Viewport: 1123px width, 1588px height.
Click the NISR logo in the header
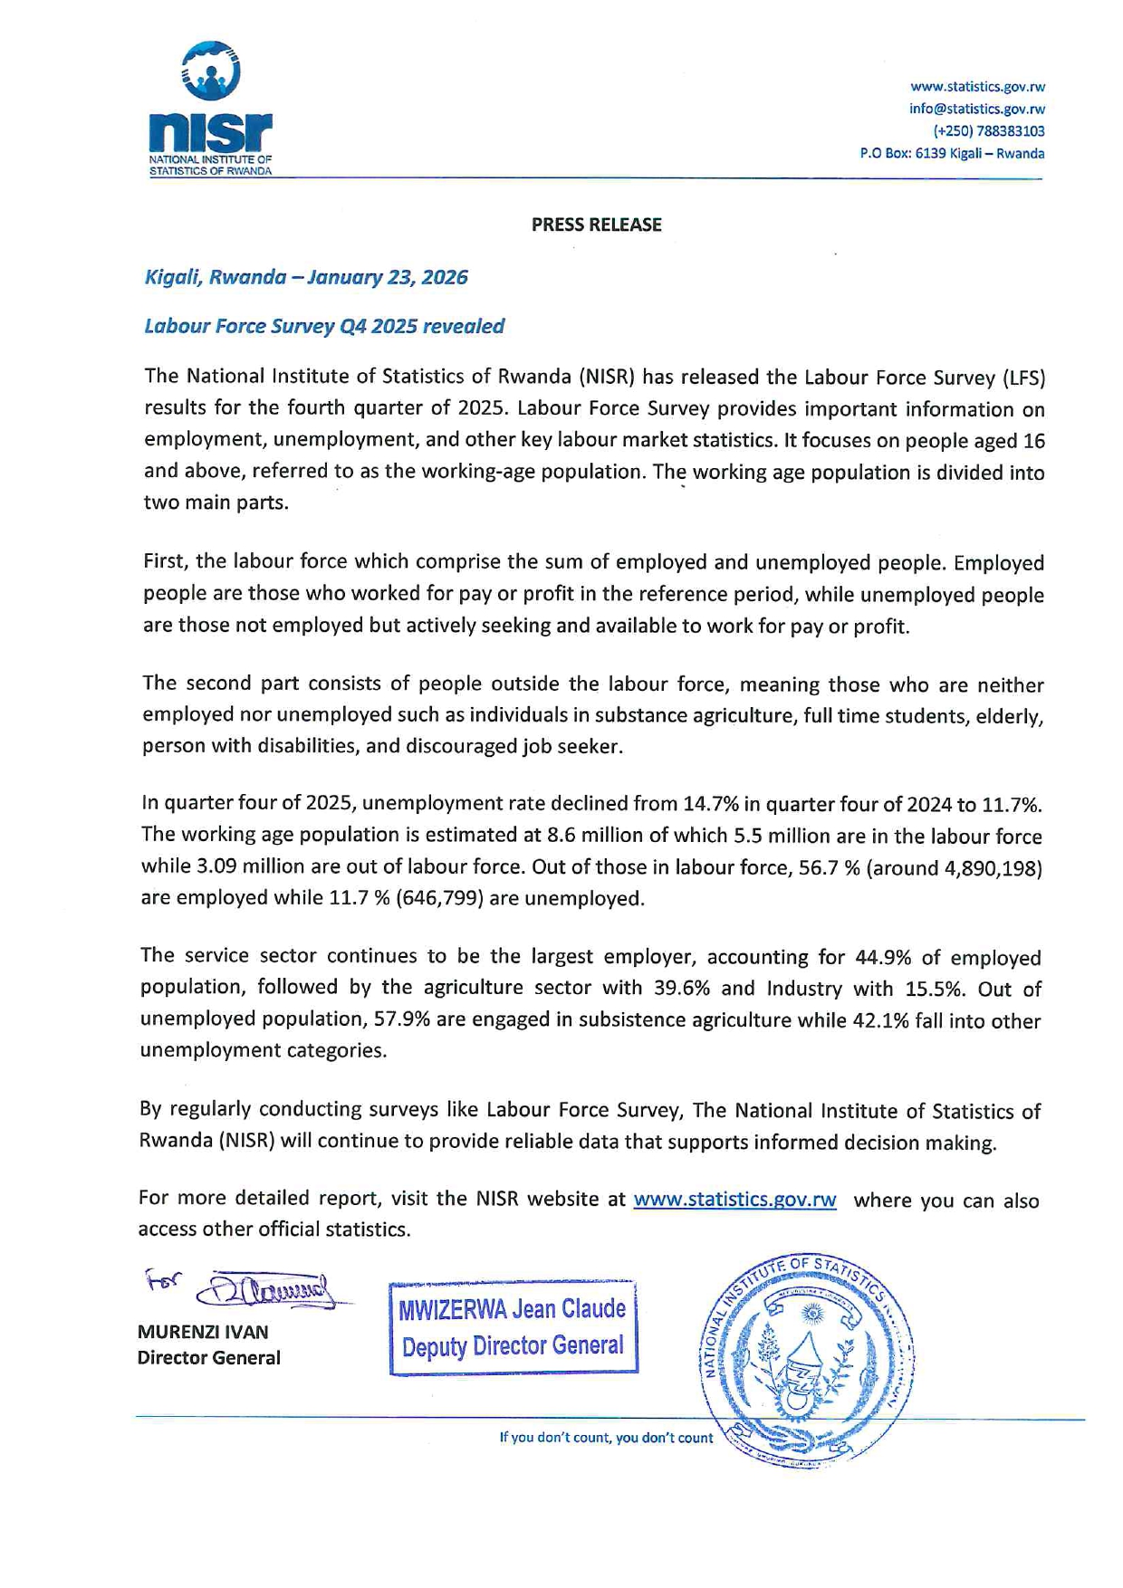tap(210, 109)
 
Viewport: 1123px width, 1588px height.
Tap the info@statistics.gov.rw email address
tap(977, 109)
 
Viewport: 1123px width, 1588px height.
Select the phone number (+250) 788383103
tap(989, 131)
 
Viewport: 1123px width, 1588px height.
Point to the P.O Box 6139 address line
tap(952, 153)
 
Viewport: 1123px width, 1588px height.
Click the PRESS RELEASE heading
tap(596, 225)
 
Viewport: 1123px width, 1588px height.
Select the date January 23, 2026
tap(388, 277)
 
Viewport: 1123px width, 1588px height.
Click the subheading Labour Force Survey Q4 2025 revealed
tap(324, 326)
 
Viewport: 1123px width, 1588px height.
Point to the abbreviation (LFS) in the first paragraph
tap(1023, 377)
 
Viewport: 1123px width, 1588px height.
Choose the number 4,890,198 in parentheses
tap(993, 868)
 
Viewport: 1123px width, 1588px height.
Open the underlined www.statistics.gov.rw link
tap(734, 1200)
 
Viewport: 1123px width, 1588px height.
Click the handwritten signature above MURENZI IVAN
tap(263, 1289)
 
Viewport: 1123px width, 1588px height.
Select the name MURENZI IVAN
tap(203, 1332)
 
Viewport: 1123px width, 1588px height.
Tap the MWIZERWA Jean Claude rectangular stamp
tap(514, 1328)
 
